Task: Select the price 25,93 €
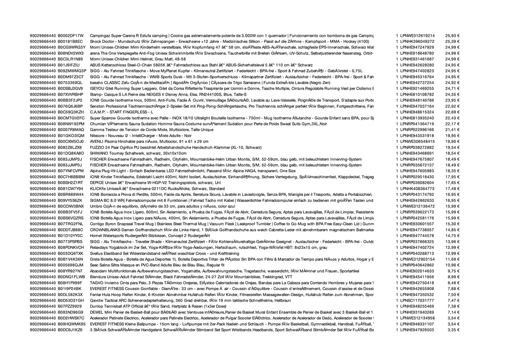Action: pos(453,36)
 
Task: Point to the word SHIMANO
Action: pos(98,153)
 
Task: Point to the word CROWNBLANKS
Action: pos(103,230)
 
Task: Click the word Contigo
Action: pos(97,224)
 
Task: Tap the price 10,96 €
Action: pos(453,265)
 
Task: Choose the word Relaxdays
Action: pos(99,247)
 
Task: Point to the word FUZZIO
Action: pos(97,147)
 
